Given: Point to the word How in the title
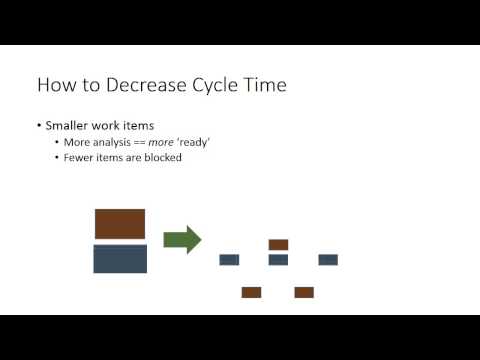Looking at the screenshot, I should click(55, 85).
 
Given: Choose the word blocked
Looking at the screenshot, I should click(160, 157).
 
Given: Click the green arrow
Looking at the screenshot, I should click(181, 240).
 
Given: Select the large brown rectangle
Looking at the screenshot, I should click(120, 224).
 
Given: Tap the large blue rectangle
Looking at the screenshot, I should click(120, 259).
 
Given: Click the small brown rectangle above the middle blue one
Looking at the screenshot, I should click(278, 244).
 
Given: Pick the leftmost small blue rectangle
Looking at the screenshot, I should click(229, 260).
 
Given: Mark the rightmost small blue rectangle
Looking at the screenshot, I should click(328, 260).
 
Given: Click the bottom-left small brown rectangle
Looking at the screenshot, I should click(251, 292).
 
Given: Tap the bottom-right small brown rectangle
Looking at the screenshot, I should click(304, 292).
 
